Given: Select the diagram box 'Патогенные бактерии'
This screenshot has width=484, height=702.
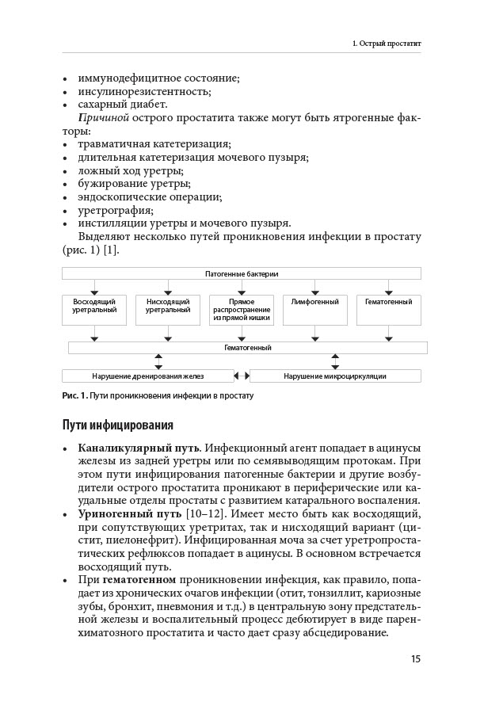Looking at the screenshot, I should (x=242, y=273).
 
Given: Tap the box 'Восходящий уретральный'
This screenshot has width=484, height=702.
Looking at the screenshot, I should (x=94, y=310).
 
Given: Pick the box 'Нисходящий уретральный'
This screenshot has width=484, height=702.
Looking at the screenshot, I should (x=168, y=310).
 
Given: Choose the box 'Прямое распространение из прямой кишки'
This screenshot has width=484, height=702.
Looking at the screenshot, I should (x=242, y=310).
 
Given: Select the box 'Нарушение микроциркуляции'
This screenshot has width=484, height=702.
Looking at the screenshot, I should (x=335, y=376).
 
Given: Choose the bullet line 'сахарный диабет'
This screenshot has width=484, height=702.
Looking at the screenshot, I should (x=122, y=105).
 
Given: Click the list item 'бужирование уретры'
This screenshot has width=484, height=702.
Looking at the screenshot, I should (x=130, y=184).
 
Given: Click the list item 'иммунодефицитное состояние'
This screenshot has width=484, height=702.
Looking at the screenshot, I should (x=158, y=78).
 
